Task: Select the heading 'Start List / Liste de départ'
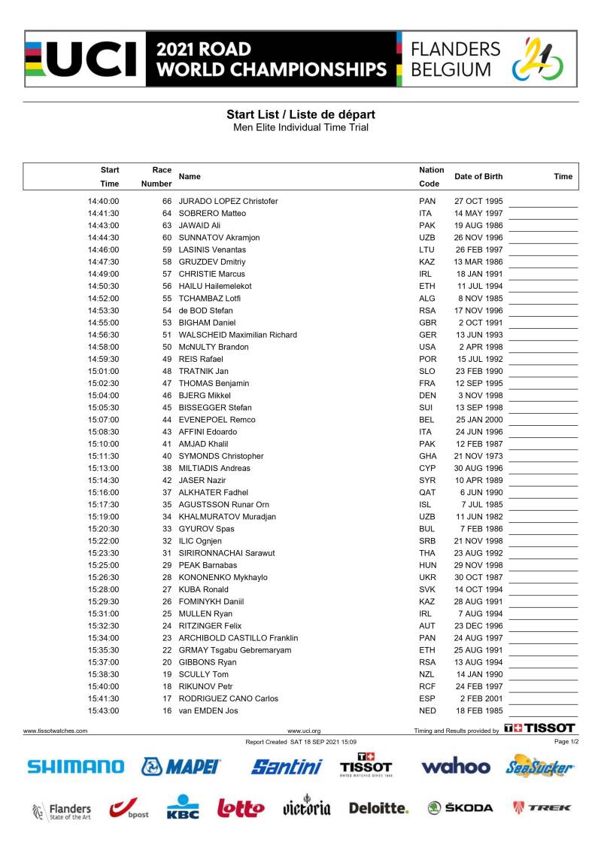tap(301, 114)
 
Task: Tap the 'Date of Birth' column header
tap(478, 177)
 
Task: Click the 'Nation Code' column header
tap(431, 177)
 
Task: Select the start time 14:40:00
tap(104, 202)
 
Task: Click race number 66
tap(167, 202)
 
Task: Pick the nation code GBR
tap(427, 323)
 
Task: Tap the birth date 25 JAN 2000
tap(478, 420)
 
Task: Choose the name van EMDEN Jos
tap(208, 711)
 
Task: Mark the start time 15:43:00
tap(104, 711)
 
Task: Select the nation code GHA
tap(427, 456)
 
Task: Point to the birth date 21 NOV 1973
tap(478, 456)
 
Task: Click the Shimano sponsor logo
tap(76, 767)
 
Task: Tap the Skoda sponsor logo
tap(460, 808)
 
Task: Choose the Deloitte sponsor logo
tap(378, 808)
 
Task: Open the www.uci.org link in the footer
tap(304, 731)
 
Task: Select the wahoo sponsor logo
tap(456, 767)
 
